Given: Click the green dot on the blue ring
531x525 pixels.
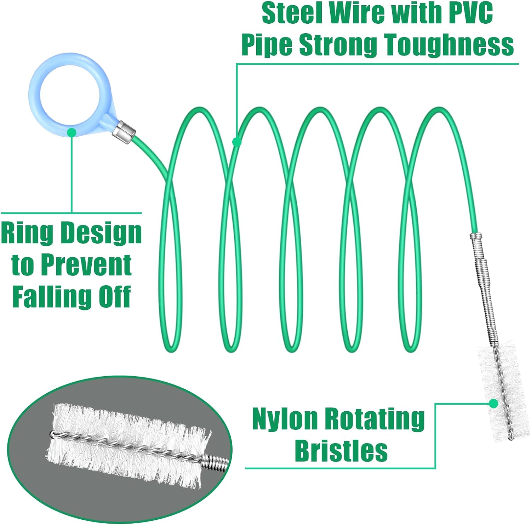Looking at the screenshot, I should (x=72, y=132).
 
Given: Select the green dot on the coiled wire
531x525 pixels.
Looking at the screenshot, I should (x=237, y=142).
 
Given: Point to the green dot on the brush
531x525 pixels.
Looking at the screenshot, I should (x=493, y=403).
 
